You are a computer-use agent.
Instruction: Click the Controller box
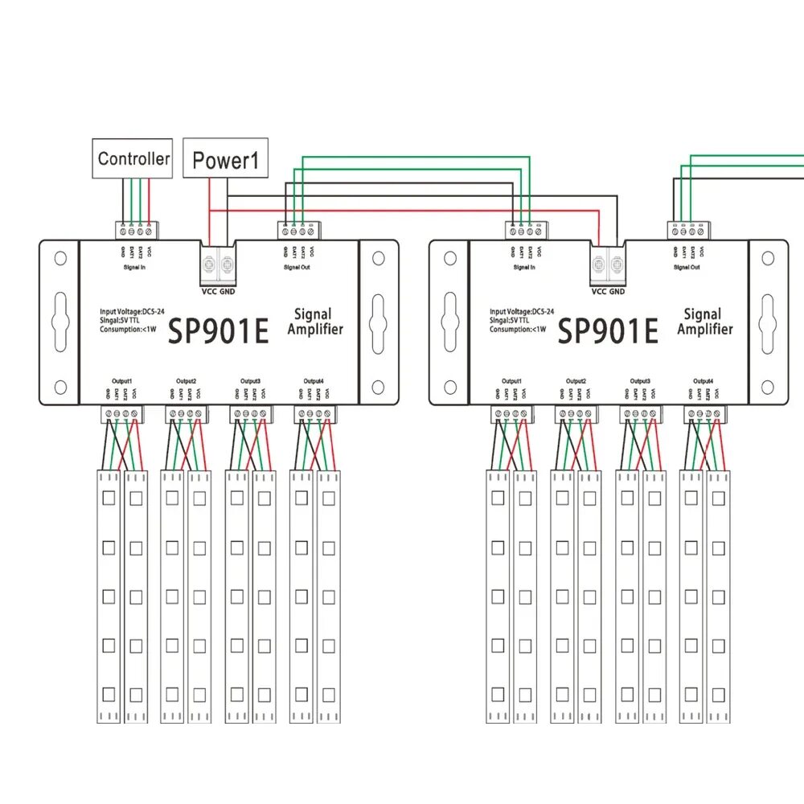[133, 158]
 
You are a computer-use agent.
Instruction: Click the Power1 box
[227, 161]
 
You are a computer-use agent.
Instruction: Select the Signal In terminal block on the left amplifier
[137, 230]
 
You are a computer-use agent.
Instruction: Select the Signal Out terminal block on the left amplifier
[300, 230]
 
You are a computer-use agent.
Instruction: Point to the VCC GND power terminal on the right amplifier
[607, 262]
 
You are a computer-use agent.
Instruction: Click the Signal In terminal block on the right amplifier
[527, 230]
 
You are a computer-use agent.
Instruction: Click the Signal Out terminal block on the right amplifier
[689, 230]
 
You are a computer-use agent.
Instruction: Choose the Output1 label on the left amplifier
[121, 380]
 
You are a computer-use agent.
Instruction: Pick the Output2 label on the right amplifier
[576, 380]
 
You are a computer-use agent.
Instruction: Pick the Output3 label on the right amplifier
[640, 380]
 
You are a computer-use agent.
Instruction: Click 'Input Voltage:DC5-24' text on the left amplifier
[133, 310]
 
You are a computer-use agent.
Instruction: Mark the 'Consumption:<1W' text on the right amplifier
[518, 329]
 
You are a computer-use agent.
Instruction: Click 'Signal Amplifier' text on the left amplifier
[314, 322]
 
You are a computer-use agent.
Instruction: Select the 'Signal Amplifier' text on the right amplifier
[704, 322]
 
